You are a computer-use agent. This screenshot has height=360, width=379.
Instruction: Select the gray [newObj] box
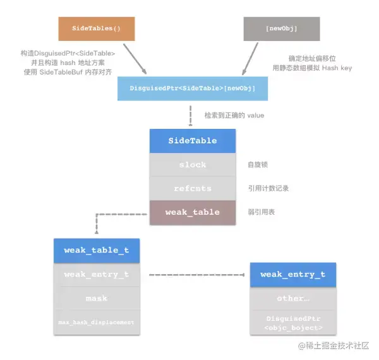pos(281,28)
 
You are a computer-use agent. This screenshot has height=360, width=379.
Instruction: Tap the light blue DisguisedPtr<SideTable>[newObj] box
pos(193,88)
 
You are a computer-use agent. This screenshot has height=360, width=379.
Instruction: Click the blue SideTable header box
pos(193,141)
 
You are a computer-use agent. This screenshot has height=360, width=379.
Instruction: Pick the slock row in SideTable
pos(193,165)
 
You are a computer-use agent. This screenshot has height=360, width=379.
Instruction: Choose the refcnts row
pos(193,188)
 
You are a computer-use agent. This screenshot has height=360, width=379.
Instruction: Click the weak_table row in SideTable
pos(193,212)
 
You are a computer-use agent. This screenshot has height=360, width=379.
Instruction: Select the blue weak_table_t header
pos(96,250)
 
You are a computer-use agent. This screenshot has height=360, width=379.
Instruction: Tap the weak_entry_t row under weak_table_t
pos(96,274)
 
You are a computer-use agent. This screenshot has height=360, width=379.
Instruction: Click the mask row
pos(96,298)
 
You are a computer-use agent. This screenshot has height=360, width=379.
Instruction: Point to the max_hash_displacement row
pos(96,322)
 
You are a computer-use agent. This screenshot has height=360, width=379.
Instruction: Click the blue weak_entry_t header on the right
pos(292,274)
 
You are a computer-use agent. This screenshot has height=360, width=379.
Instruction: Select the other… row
pos(292,298)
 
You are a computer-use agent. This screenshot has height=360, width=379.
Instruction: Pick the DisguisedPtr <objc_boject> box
pos(292,323)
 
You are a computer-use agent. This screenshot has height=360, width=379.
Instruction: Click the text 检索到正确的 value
pos(234,116)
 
